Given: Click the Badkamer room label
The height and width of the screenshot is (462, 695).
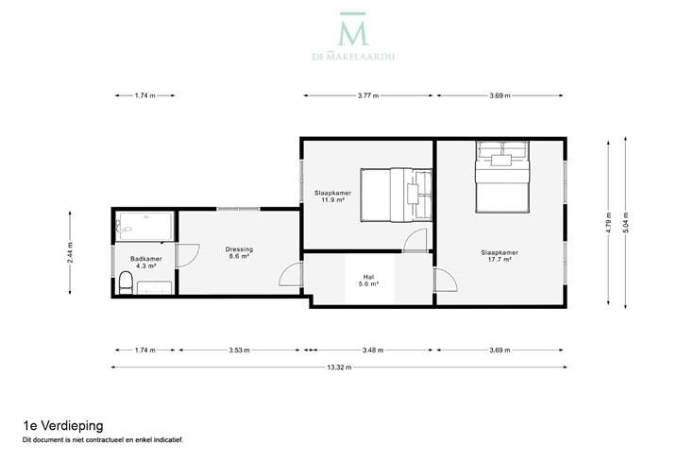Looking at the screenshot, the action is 145,259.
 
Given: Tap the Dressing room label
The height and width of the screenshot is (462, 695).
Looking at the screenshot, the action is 239,249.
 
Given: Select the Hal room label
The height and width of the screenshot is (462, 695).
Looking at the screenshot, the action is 369,277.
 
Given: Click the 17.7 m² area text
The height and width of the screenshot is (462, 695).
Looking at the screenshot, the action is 500,260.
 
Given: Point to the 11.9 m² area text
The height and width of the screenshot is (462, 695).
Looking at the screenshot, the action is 333,200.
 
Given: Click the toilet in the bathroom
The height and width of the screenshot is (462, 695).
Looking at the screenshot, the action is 126,282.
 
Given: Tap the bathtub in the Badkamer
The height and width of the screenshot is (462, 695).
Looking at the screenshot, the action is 144,227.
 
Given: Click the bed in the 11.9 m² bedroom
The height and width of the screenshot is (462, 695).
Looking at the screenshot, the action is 396,195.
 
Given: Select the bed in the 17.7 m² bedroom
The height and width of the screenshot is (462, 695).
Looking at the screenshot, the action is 502,177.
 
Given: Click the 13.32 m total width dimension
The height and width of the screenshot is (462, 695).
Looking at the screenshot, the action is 339,368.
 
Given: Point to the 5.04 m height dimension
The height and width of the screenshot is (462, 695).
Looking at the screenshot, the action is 625,223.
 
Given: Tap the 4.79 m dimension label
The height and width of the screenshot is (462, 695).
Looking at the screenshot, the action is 608,223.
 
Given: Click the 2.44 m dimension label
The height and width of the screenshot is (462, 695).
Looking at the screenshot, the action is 70,252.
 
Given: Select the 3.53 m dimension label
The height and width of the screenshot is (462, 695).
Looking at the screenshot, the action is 239,350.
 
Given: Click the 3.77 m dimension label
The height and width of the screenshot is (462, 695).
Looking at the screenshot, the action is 368,95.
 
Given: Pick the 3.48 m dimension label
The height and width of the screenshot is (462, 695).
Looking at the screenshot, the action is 373,350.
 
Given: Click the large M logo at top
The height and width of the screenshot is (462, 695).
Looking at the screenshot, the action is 353,29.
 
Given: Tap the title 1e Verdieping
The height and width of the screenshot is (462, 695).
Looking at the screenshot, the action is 63,426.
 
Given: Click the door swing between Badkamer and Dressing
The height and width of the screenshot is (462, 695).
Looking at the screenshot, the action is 188,255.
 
